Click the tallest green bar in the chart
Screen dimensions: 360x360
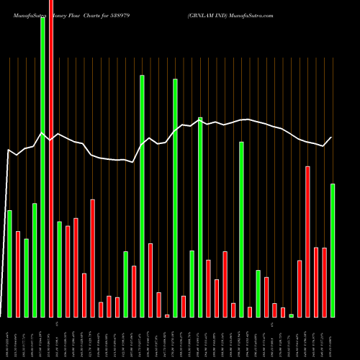click(x=42, y=166)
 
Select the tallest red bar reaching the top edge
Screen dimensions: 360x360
click(x=50, y=158)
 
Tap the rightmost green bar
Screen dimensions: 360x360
click(x=333, y=250)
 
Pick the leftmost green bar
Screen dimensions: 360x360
click(x=9, y=263)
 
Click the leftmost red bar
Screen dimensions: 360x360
click(x=17, y=274)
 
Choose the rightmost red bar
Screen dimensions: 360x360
click(x=324, y=282)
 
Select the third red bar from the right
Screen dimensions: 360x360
click(x=307, y=241)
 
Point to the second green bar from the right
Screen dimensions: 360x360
click(x=291, y=315)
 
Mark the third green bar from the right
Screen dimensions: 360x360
click(x=258, y=293)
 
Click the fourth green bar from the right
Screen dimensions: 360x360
click(x=241, y=229)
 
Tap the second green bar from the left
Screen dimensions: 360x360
click(x=26, y=277)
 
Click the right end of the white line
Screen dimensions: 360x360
click(x=332, y=138)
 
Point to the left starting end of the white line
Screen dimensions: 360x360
click(x=7, y=150)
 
